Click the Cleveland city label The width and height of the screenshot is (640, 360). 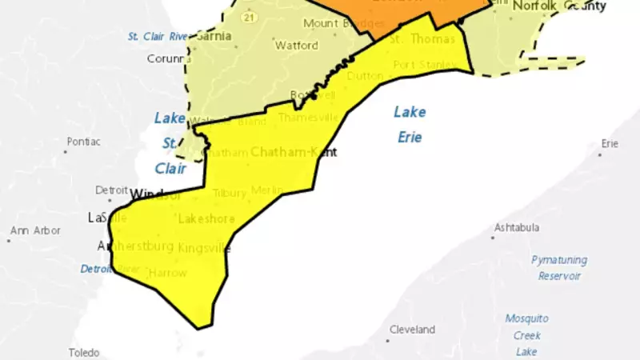pos(412,330)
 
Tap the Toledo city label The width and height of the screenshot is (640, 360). pos(83,353)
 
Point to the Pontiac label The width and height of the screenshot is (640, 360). pos(83,142)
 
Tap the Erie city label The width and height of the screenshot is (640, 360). pos(610,144)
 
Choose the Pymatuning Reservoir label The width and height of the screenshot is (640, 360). pos(559,267)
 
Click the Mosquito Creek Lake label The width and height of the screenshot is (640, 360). pos(526,334)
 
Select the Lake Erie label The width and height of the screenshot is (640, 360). pos(410,124)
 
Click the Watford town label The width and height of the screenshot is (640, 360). pos(291,46)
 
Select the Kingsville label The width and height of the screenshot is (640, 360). pos(205,248)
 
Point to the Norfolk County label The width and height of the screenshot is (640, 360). pos(559,6)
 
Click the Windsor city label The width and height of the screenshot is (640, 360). pos(157,194)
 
